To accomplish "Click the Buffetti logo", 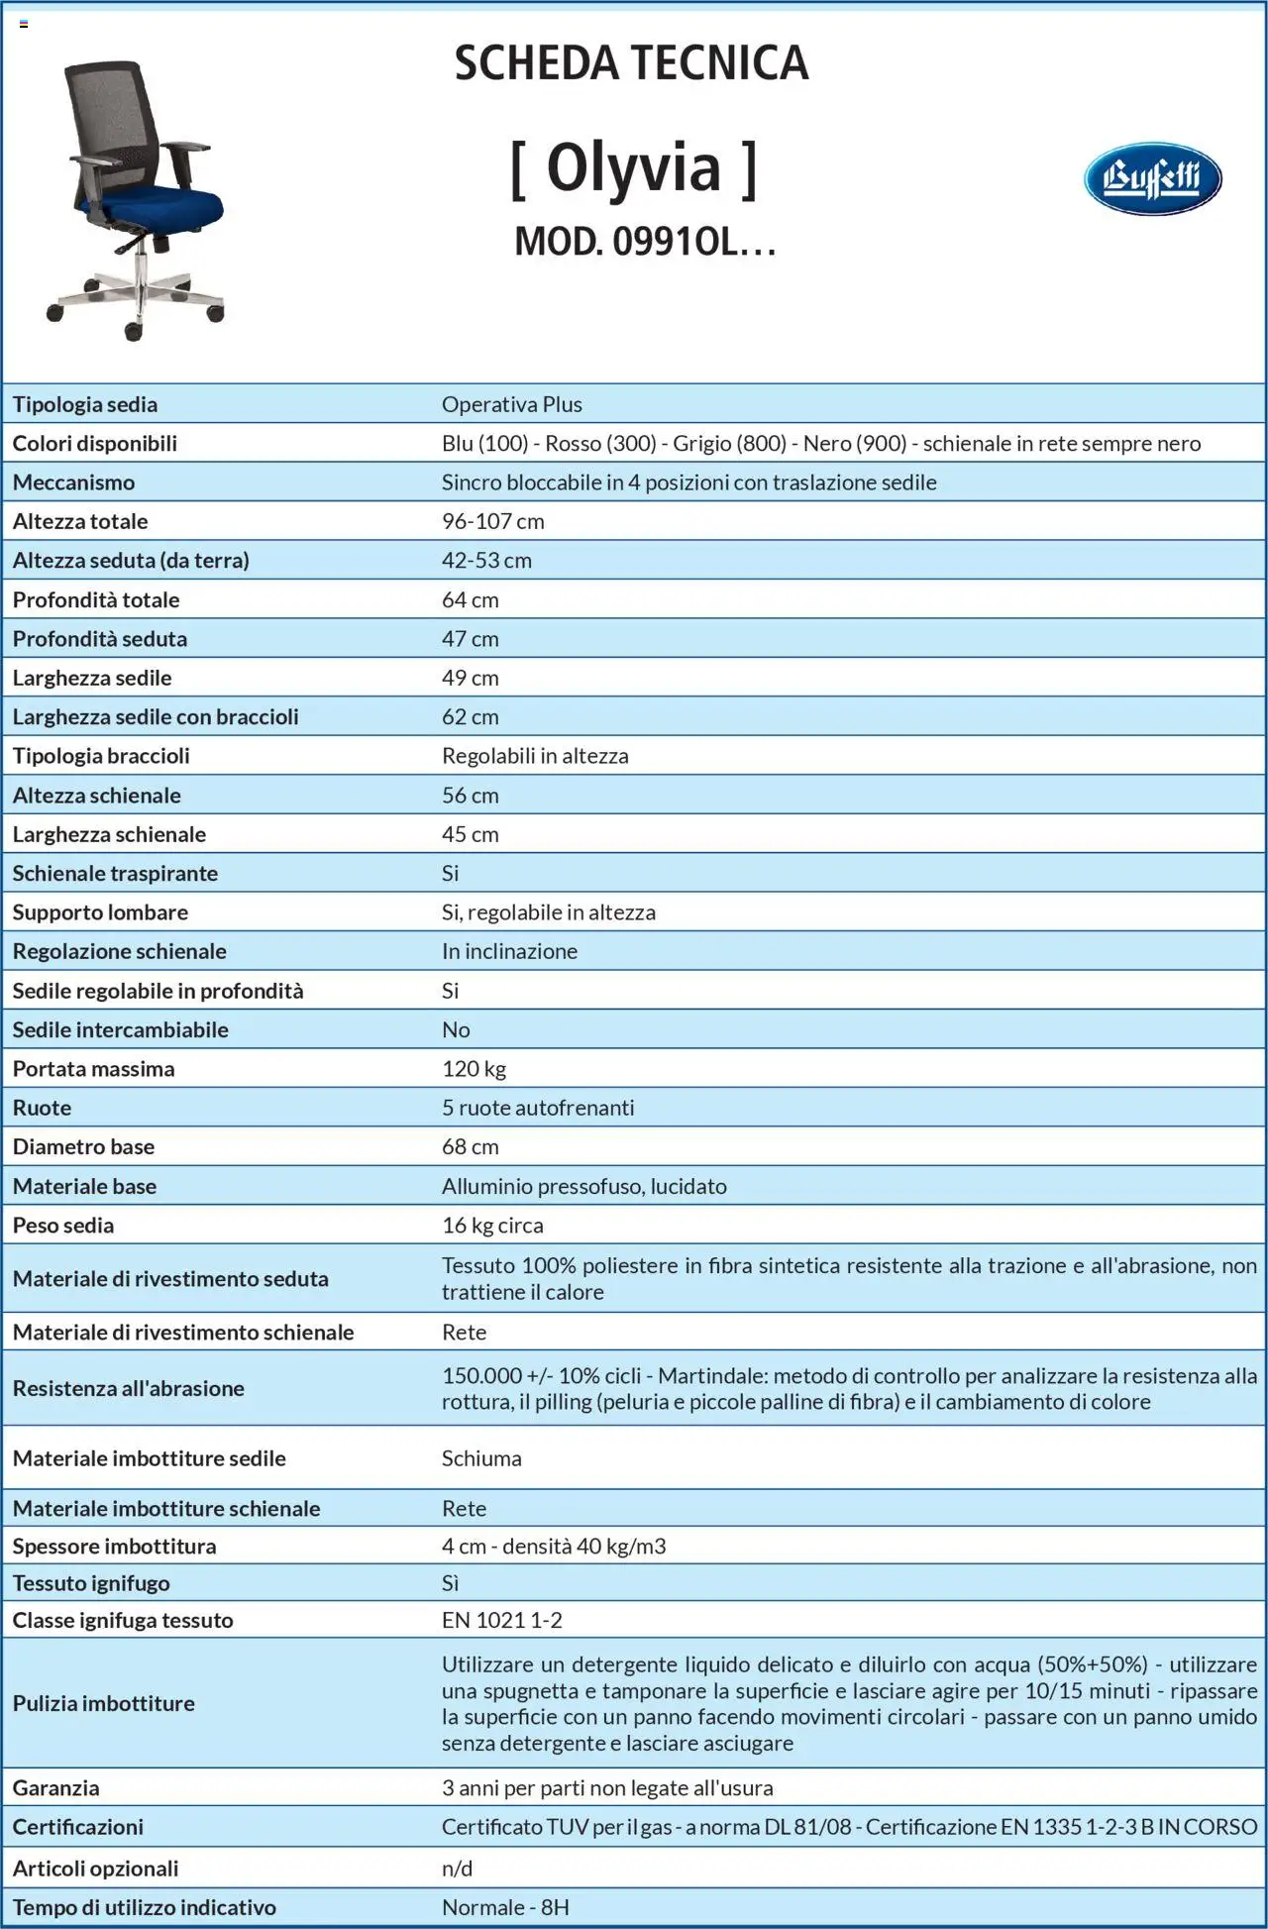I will click(1152, 179).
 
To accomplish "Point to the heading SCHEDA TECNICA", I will click(632, 63).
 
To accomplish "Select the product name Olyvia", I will click(633, 167).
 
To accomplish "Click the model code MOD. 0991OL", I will click(644, 242).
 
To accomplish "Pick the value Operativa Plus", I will click(511, 404).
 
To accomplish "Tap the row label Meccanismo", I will click(73, 482).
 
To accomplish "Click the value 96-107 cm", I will click(492, 521).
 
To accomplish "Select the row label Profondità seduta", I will click(99, 639).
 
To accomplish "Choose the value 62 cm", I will click(470, 716).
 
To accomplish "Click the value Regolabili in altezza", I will click(535, 756).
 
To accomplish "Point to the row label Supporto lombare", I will click(100, 912).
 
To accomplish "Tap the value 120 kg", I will click(474, 1069).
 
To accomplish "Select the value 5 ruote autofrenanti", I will click(538, 1108).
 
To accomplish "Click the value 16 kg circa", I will click(492, 1226).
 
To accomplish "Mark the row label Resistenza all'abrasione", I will click(128, 1388).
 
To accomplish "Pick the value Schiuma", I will click(481, 1458).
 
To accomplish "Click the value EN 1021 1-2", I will click(501, 1620).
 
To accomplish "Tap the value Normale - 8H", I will click(505, 1907).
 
